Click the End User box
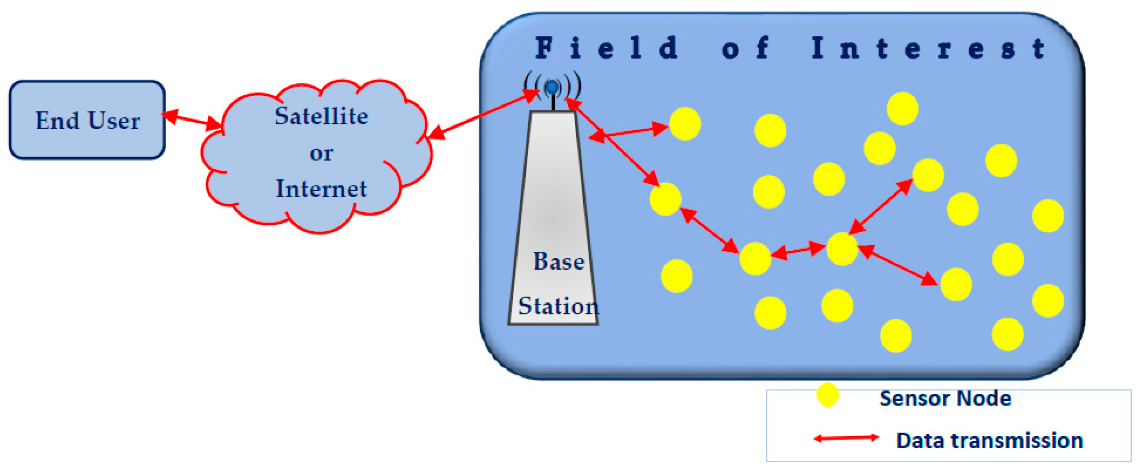coord(87,120)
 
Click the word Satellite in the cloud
coord(321,116)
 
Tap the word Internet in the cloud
coord(321,189)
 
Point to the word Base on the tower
coord(559,261)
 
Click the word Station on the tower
coord(558,306)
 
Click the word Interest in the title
coord(928,48)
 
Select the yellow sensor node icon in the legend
coord(827,395)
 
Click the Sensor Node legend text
coord(945,398)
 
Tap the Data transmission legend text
coord(990,441)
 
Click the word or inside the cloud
coord(321,154)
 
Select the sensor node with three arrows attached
coord(842,249)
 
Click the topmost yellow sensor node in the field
coord(903,109)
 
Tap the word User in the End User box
coord(114,120)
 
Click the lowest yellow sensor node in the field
coord(896,335)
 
